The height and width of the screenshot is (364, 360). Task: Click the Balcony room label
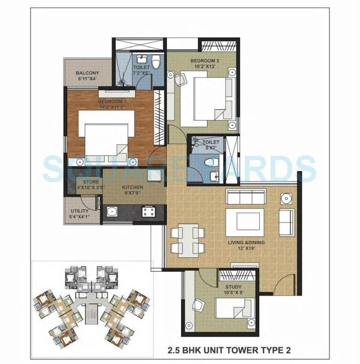point(87,77)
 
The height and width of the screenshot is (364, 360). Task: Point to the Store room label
point(91,183)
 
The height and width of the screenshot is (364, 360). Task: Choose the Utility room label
point(80,214)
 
